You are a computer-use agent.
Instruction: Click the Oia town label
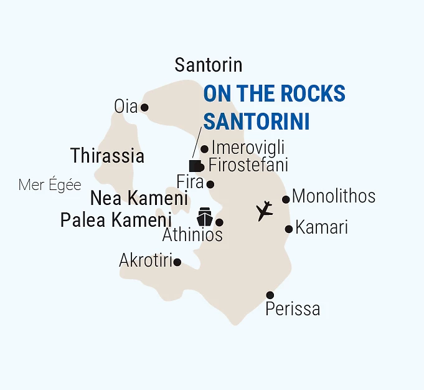coord(125,107)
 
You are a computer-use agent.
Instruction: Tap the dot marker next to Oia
coord(144,107)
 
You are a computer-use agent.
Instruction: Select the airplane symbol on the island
coord(265,211)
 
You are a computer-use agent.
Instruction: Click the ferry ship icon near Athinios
coord(205,217)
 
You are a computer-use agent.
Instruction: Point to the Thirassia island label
coord(107,156)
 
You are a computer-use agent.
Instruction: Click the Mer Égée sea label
coord(50,185)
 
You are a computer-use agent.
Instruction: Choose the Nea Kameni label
coord(139,199)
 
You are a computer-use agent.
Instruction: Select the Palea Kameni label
coord(116,220)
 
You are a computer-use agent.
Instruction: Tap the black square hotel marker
coord(194,166)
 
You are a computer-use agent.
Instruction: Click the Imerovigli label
coord(248,148)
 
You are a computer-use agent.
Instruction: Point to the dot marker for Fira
coord(210,184)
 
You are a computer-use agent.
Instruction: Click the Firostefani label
coord(248,166)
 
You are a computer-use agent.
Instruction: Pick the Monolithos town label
coord(333,196)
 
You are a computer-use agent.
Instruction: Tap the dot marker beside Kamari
coord(289,229)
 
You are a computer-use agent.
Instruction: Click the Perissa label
coord(293,308)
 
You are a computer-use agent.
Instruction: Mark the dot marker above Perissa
coord(270,295)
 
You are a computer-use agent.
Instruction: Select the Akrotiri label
coord(145,261)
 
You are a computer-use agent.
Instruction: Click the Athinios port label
coord(192,235)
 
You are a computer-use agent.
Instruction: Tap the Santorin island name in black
coord(208,65)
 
